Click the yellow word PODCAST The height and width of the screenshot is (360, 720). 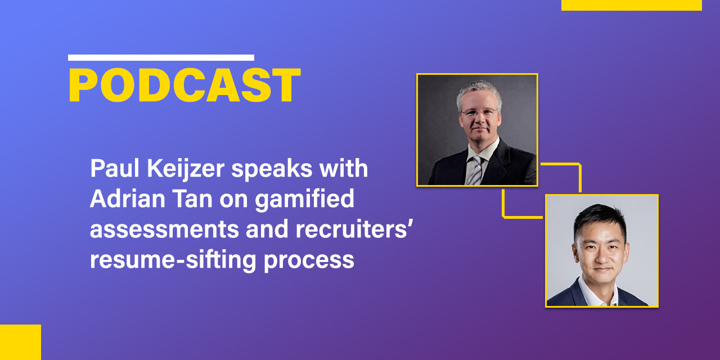(x=184, y=85)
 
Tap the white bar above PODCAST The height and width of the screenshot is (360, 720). (x=161, y=58)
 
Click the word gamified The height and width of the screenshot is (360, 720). (x=304, y=200)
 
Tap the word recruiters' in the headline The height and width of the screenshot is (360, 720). (x=352, y=229)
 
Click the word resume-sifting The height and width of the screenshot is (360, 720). (x=173, y=260)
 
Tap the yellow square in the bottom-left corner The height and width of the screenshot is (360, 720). (x=21, y=343)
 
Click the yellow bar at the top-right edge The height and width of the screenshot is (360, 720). (x=632, y=5)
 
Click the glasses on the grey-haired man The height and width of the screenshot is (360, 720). (x=479, y=112)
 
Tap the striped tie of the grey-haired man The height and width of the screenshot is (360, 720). (x=476, y=170)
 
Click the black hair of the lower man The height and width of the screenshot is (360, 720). (x=600, y=219)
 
